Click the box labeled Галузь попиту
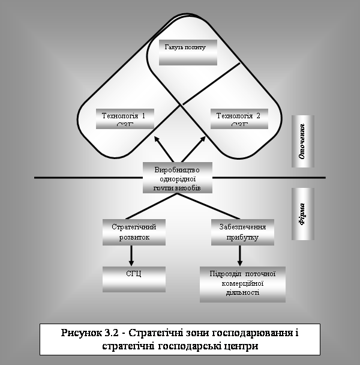tap(187, 52)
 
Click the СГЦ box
tap(133, 277)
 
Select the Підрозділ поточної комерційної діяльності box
tap(242, 283)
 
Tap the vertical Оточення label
tap(302, 142)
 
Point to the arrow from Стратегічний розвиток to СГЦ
tap(131, 255)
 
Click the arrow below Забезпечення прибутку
tap(241, 255)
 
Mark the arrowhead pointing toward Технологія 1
tap(157, 139)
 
